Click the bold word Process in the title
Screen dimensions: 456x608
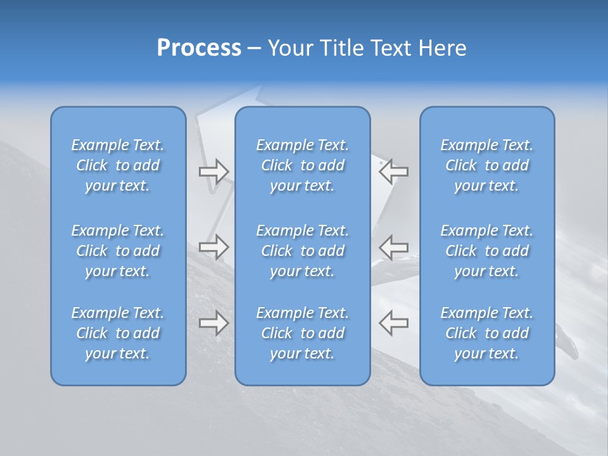click(199, 48)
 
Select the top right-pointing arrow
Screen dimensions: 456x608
click(214, 171)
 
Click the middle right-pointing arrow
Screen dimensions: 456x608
click(214, 247)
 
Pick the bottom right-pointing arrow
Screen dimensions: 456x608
click(214, 323)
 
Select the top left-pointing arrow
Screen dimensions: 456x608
click(394, 171)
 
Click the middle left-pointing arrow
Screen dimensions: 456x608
click(394, 247)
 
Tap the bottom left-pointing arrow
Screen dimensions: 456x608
click(394, 323)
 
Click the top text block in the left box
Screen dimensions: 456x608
click(118, 165)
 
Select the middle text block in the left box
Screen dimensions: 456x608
click(118, 251)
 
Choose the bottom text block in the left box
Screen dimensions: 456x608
click(118, 333)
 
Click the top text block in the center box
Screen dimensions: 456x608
click(303, 165)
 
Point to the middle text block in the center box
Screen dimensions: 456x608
click(303, 251)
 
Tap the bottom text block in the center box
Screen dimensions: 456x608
click(303, 333)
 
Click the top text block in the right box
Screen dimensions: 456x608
click(487, 165)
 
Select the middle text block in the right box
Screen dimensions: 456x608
click(487, 251)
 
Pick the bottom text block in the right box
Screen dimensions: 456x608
click(487, 333)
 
